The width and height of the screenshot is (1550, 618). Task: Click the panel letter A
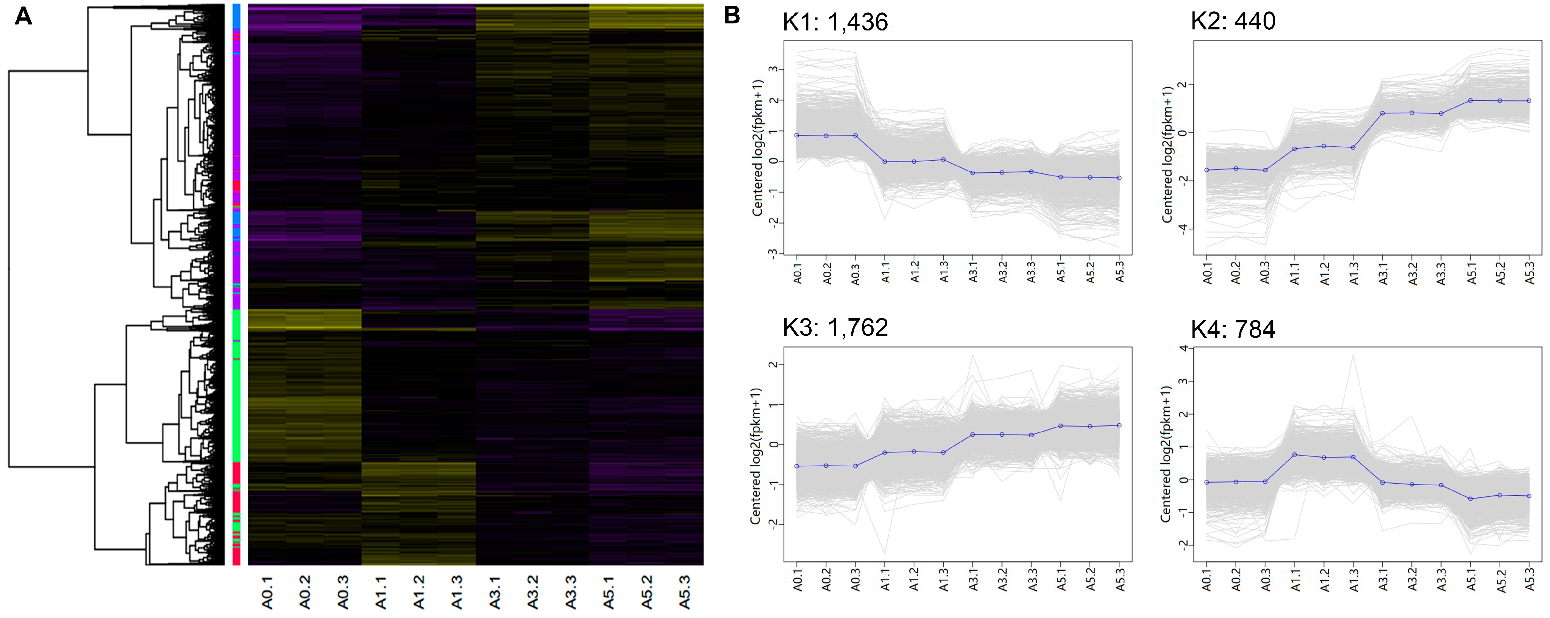point(23,16)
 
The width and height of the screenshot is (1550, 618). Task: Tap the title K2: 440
point(1233,21)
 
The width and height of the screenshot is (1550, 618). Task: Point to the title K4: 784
point(1233,329)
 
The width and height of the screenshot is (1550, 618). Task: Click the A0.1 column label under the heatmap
point(267,592)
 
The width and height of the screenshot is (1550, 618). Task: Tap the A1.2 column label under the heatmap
point(419,592)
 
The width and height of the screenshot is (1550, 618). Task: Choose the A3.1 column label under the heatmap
point(495,592)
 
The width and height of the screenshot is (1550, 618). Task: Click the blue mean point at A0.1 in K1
point(797,135)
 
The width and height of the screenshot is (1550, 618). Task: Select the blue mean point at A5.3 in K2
point(1529,101)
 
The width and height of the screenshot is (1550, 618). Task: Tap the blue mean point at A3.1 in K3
point(973,434)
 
